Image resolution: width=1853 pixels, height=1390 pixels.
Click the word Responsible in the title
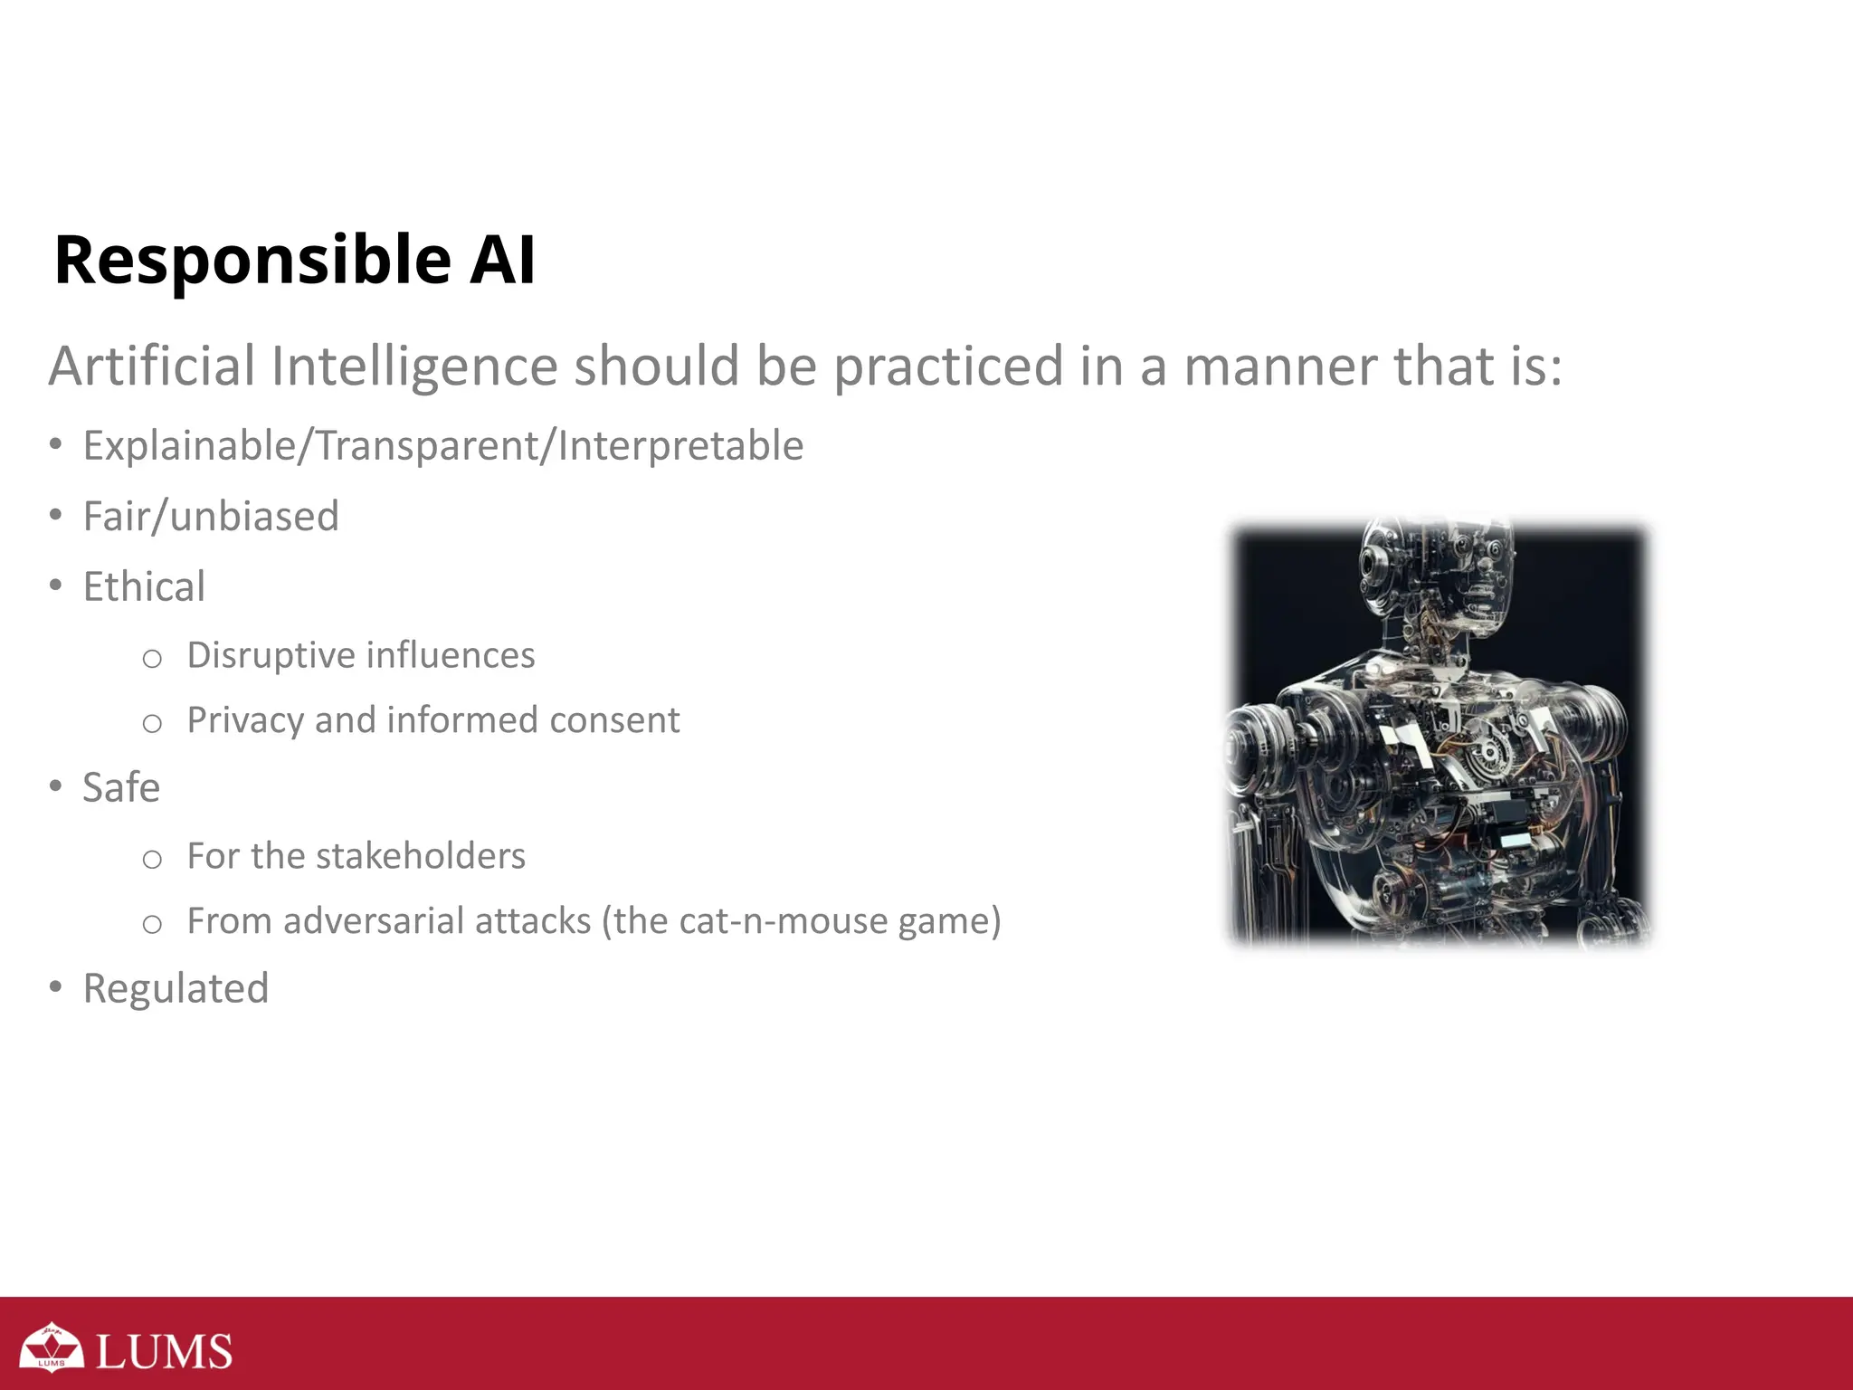pos(252,261)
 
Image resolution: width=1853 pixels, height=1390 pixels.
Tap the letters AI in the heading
pos(503,261)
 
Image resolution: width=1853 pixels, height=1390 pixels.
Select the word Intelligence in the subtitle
pos(414,367)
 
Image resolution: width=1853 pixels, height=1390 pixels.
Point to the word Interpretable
pos(680,446)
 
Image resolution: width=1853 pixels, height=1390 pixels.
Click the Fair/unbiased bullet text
pos(211,517)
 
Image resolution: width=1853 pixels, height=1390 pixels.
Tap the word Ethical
pos(144,587)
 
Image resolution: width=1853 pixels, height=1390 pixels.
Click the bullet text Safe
pos(121,788)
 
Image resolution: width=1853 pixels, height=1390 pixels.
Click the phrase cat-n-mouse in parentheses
pos(784,921)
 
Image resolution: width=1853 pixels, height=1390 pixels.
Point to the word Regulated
pos(176,989)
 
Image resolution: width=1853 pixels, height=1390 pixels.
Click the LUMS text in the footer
pos(164,1351)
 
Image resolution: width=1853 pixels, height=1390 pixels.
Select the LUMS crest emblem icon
pos(52,1347)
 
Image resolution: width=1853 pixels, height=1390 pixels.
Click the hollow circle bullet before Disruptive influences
pos(152,659)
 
